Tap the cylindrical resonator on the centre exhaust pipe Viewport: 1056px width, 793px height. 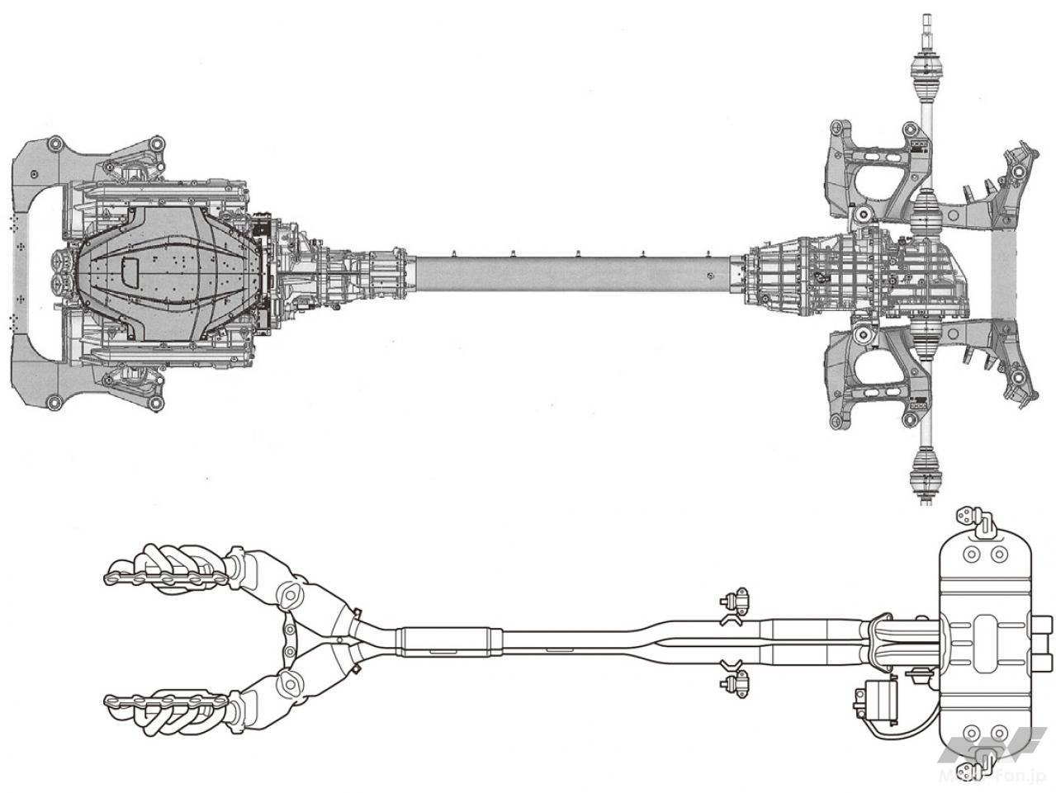[450, 641]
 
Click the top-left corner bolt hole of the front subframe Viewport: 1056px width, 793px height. [55, 147]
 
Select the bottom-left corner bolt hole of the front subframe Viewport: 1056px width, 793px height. [55, 402]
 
